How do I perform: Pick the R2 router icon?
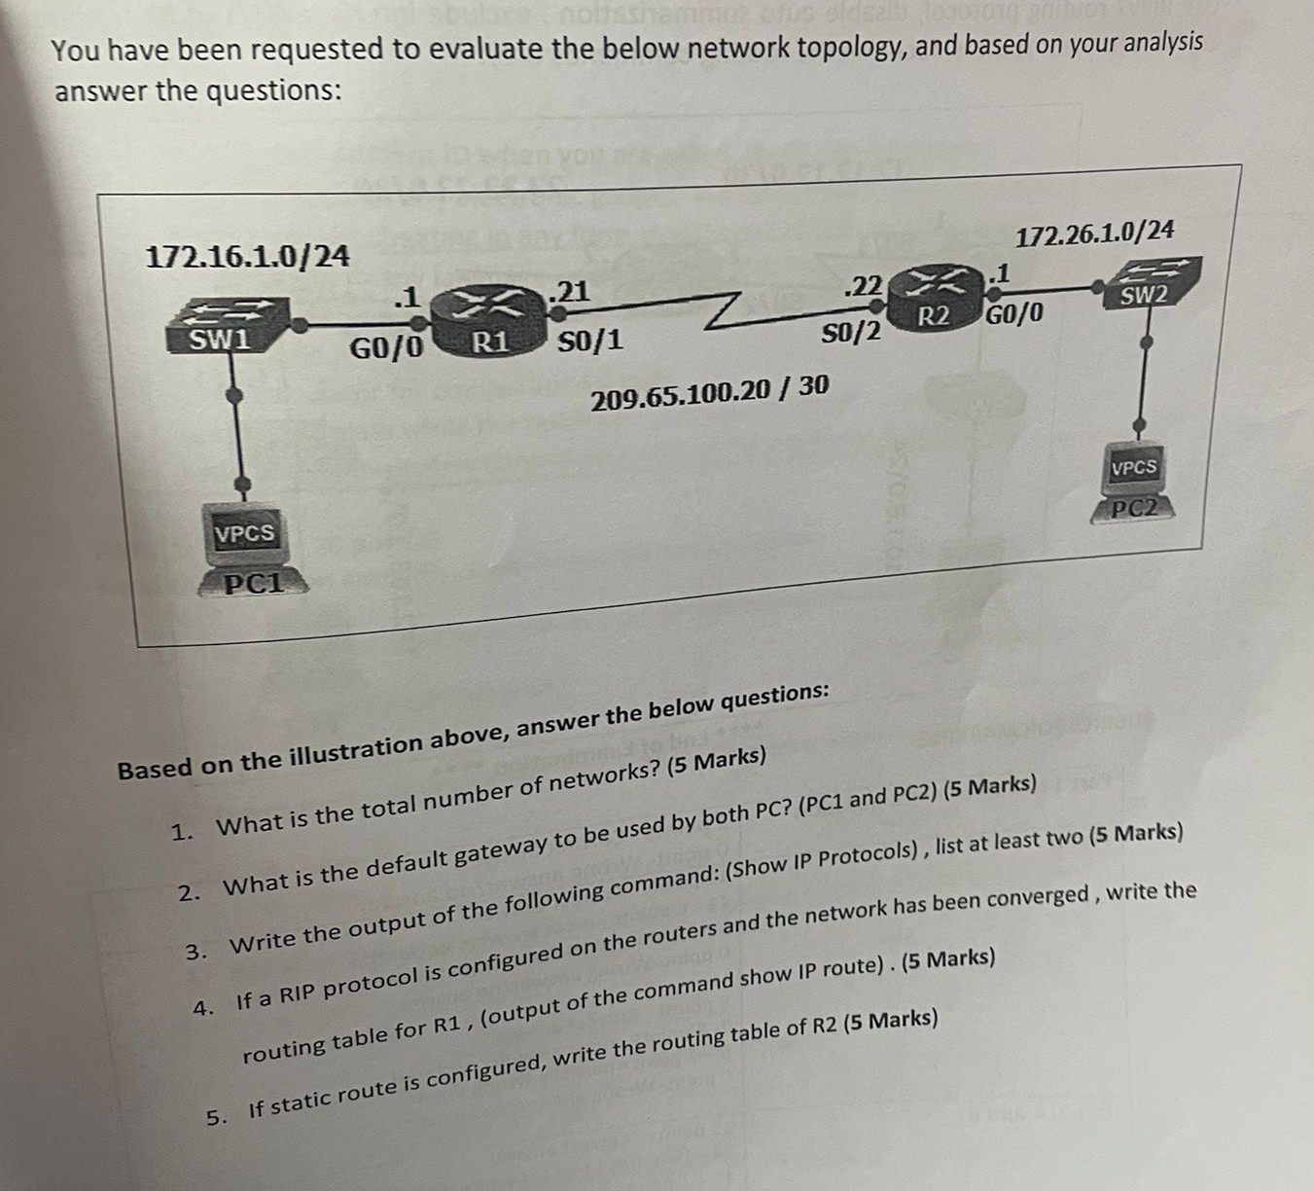(x=933, y=297)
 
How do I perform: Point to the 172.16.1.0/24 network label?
(x=247, y=256)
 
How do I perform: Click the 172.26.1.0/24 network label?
(x=1094, y=233)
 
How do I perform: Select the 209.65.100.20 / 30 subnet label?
(x=710, y=387)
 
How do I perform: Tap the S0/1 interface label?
(x=591, y=341)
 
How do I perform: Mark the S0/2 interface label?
(x=852, y=333)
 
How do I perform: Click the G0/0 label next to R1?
(x=386, y=347)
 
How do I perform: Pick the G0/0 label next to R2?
(x=1015, y=314)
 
